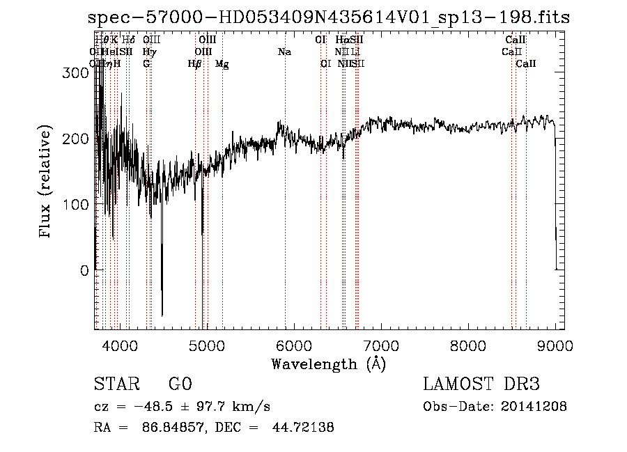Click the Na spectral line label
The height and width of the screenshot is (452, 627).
tap(284, 52)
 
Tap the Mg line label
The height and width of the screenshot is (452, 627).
tap(222, 64)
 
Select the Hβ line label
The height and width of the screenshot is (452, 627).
tap(195, 64)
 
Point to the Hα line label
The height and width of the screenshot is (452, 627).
tap(341, 40)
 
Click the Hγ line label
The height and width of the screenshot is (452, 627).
tap(149, 52)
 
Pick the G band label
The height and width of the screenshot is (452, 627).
tap(146, 64)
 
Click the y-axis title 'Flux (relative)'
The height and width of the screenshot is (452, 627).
tap(47, 182)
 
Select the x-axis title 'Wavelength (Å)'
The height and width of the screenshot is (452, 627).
tap(328, 364)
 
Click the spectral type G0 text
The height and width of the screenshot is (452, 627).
tap(180, 384)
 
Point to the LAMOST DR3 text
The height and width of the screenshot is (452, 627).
tap(481, 384)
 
